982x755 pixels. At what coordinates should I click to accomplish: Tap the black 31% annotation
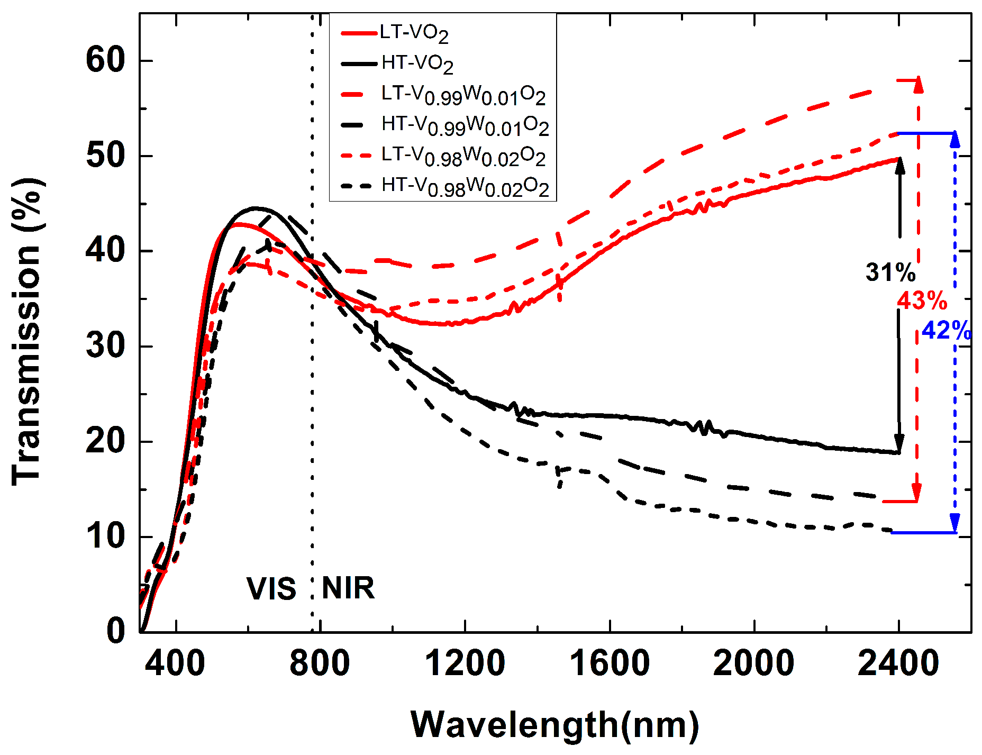[890, 273]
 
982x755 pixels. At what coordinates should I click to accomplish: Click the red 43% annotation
[922, 301]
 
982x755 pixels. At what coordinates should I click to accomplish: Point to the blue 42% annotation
[946, 331]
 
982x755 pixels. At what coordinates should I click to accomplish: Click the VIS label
[271, 589]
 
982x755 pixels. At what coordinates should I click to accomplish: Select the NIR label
[348, 588]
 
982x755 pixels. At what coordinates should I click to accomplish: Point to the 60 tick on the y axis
[105, 60]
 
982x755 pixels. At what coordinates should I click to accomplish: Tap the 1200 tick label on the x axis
[465, 663]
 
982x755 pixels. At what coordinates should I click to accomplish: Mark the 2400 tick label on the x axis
[898, 663]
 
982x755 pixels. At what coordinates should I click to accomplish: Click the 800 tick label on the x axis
[320, 663]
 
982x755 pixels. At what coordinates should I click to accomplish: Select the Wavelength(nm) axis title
[554, 724]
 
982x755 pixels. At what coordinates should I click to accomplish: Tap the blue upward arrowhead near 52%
[955, 140]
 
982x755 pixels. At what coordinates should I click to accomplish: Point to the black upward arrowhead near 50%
[899, 166]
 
